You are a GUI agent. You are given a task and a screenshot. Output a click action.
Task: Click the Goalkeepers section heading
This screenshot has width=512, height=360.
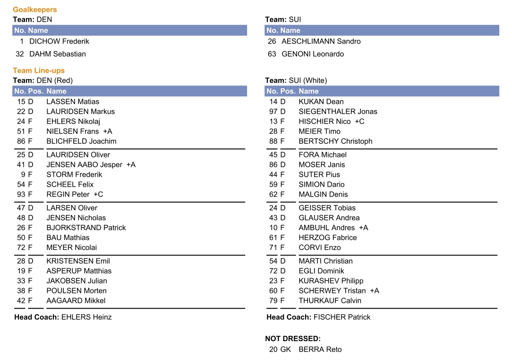click(35, 9)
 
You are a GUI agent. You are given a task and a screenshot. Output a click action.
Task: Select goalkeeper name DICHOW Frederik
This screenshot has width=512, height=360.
click(59, 41)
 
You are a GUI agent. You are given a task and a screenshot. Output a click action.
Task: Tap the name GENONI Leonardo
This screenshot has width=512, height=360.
click(313, 54)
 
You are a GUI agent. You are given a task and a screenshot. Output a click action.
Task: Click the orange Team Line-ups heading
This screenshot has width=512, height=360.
click(39, 70)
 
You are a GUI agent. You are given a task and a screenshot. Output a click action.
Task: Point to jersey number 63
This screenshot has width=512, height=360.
click(272, 54)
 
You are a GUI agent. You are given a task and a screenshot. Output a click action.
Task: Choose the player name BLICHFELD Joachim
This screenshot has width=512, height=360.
click(81, 141)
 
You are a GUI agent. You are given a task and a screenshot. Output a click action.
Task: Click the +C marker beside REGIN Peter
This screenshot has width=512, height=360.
click(98, 194)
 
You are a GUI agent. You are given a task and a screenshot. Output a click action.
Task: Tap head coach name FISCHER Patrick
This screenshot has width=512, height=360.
click(342, 317)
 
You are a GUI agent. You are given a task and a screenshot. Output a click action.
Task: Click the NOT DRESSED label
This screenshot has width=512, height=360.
click(293, 339)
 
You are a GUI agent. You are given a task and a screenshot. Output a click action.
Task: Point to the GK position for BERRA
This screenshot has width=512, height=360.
click(286, 350)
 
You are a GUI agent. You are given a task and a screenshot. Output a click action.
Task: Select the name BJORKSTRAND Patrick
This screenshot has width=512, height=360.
click(86, 228)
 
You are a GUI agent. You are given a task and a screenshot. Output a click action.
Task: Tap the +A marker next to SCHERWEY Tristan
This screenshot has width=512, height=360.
click(374, 291)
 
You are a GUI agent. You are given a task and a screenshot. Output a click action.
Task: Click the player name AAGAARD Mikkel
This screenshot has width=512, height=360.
click(76, 300)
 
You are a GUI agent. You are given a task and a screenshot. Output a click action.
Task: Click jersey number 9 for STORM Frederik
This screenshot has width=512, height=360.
click(23, 174)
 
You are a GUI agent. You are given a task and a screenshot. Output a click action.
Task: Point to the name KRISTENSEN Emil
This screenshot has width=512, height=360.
click(78, 261)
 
